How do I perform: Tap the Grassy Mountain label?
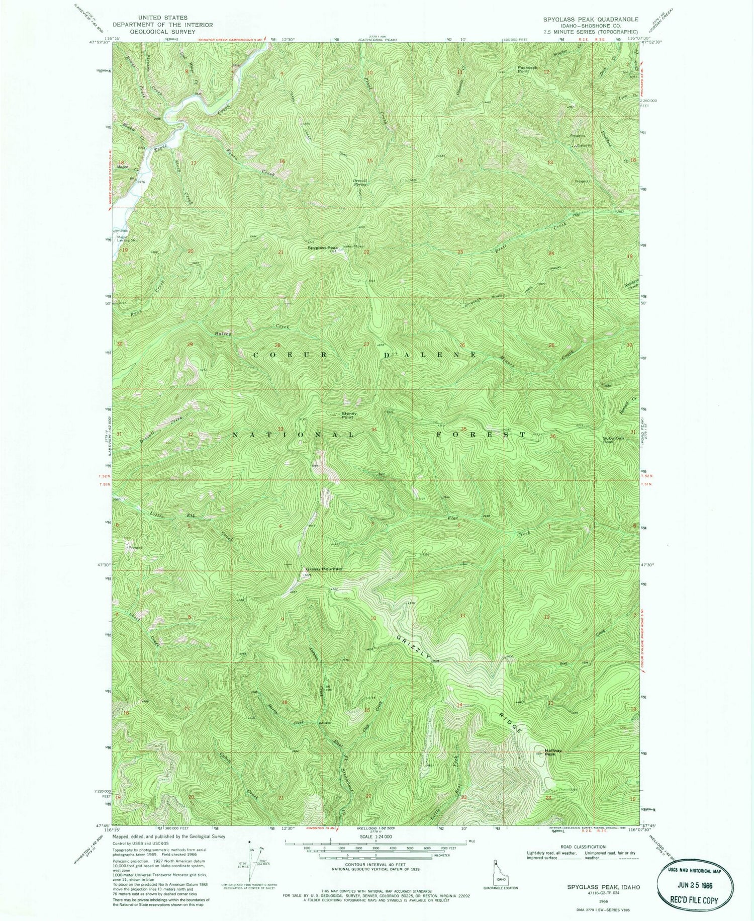324,569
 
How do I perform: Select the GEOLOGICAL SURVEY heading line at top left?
162,32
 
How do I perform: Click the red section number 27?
366,345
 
